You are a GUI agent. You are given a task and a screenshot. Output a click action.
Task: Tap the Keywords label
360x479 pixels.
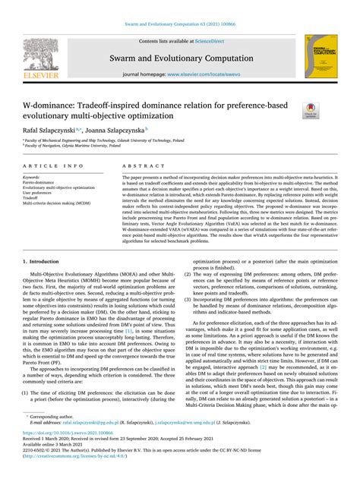[32, 177]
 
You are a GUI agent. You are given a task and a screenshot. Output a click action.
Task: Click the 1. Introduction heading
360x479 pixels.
[44, 260]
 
